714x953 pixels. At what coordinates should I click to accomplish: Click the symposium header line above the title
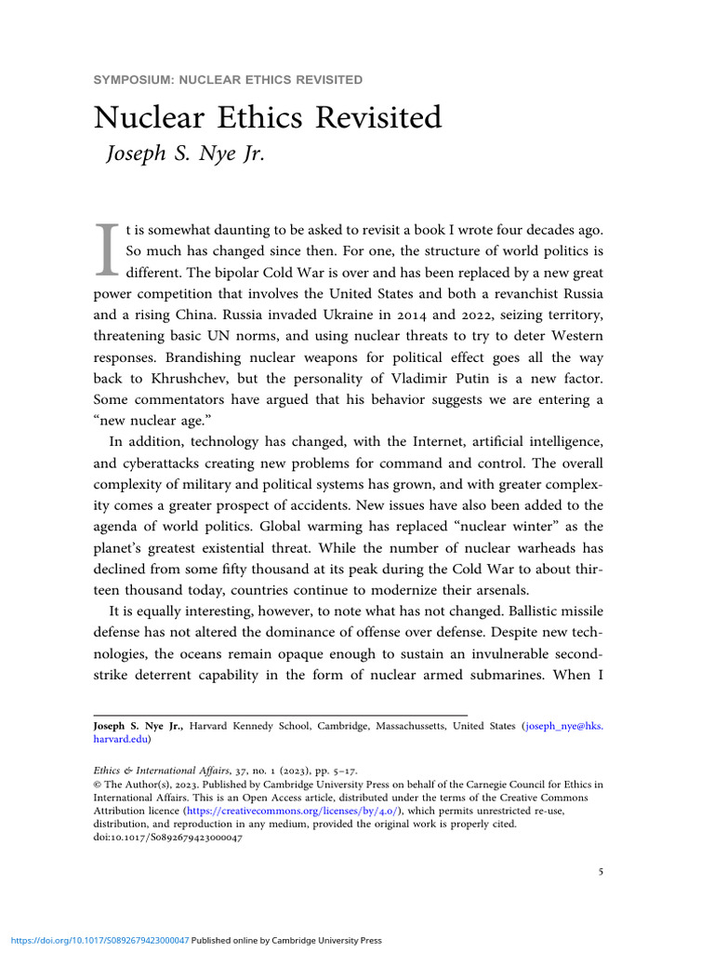[228, 79]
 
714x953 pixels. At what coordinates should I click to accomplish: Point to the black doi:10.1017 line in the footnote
[169, 838]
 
